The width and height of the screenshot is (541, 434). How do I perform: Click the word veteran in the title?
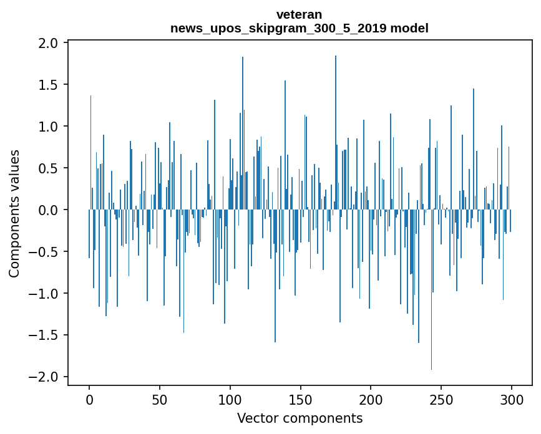point(300,14)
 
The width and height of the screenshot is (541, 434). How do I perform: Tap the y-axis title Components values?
point(14,213)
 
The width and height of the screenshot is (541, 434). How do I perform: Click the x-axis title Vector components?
point(300,418)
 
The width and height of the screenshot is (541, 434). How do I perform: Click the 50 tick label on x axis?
point(160,399)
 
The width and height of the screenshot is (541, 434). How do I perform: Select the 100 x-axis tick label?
point(230,399)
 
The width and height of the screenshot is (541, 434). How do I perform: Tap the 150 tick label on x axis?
point(301,399)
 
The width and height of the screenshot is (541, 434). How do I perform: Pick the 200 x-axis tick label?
point(371,399)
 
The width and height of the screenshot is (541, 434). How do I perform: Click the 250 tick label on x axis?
point(441,399)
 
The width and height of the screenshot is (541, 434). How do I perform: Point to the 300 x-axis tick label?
point(512,399)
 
